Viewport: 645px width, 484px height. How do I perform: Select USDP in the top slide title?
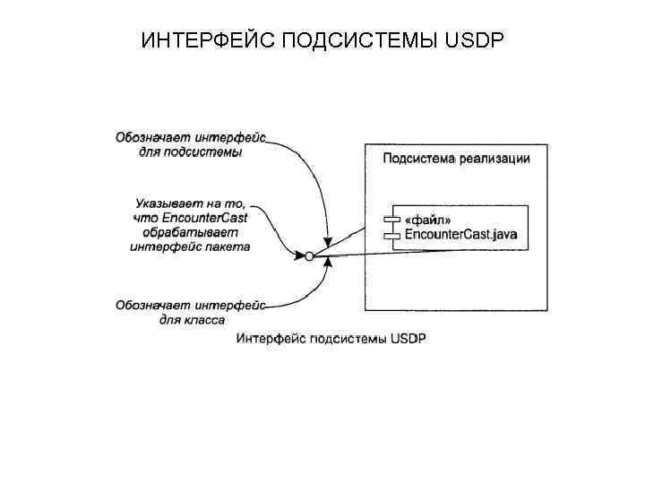(x=474, y=41)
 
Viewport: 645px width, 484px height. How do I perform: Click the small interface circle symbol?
(x=309, y=256)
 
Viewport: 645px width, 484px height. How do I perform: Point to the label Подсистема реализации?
(x=456, y=159)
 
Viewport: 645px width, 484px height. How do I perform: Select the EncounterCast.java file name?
(x=461, y=235)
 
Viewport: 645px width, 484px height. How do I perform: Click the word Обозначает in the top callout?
(x=147, y=138)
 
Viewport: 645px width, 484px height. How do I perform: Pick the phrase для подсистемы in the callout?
(x=191, y=152)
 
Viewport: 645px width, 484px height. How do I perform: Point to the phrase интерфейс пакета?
(x=191, y=246)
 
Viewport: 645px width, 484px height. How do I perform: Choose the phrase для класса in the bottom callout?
(x=192, y=319)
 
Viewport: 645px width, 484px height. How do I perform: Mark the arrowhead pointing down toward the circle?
(x=328, y=240)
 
